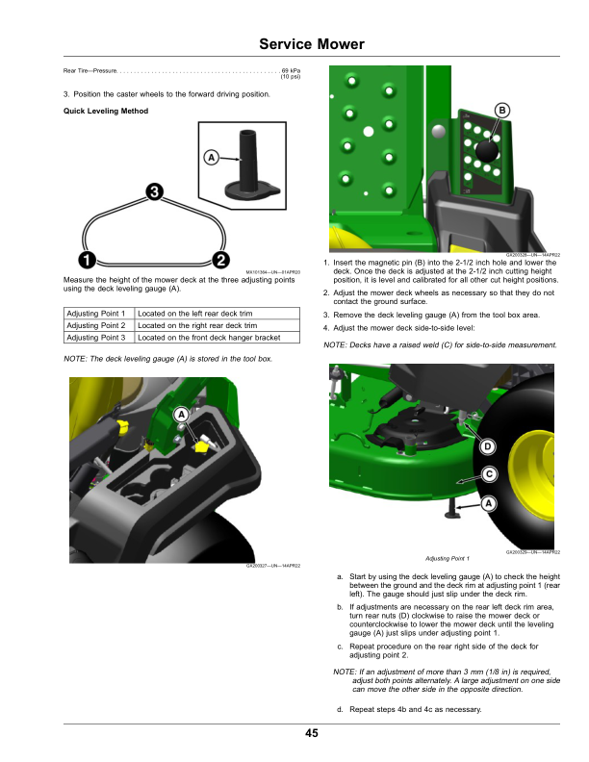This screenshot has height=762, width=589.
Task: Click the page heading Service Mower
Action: click(x=312, y=45)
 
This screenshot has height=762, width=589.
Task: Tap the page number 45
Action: click(x=312, y=734)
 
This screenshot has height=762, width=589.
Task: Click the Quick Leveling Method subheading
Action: click(x=104, y=112)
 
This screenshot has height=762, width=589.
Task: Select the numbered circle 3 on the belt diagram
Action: click(x=153, y=192)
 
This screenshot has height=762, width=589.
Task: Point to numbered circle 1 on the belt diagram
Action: click(x=87, y=260)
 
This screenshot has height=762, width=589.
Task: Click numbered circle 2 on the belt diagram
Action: click(x=219, y=260)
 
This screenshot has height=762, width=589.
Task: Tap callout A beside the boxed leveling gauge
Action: click(x=210, y=157)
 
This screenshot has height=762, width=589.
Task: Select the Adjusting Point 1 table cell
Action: click(x=96, y=315)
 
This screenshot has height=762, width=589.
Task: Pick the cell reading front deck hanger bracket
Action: click(x=209, y=338)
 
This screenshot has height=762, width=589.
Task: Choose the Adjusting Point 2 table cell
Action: click(x=96, y=326)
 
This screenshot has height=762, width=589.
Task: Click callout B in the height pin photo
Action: click(x=501, y=112)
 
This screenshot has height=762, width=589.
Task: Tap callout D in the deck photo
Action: click(x=488, y=446)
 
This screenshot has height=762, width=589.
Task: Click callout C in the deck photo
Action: click(x=488, y=474)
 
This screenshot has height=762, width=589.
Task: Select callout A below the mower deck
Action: click(x=488, y=503)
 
